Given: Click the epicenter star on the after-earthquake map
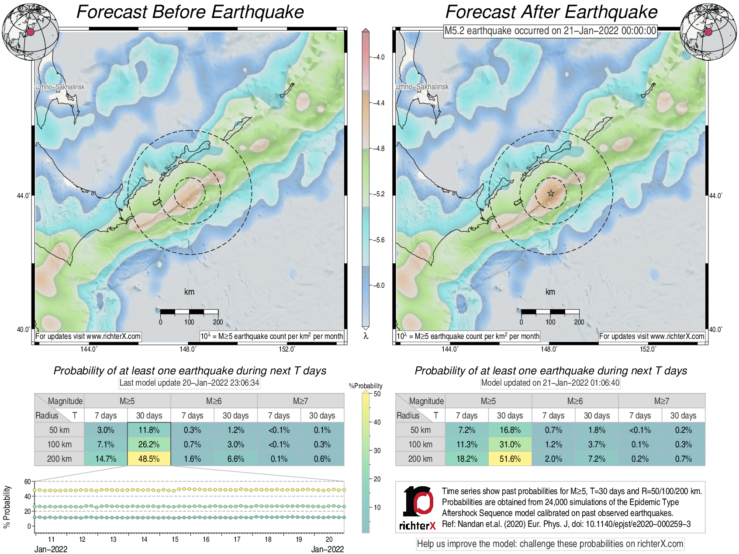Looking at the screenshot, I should click(x=551, y=193).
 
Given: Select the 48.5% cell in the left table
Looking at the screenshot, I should click(x=149, y=459).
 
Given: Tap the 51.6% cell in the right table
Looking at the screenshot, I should click(x=510, y=459).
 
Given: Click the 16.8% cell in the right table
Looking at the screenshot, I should click(x=510, y=430).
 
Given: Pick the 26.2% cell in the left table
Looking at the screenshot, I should click(x=149, y=444).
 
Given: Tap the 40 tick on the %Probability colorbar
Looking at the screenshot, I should click(x=377, y=422).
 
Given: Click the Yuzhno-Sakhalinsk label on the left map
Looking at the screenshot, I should click(x=60, y=87).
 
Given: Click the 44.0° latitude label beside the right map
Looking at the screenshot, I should click(x=715, y=195).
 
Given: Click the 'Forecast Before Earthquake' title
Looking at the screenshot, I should click(x=190, y=12).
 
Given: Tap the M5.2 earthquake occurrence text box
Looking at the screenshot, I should click(x=550, y=31).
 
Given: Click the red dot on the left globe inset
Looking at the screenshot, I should click(x=30, y=31).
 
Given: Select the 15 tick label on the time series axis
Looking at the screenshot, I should click(x=175, y=540).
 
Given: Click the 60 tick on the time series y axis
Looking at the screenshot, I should click(x=28, y=481).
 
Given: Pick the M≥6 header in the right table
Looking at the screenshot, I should click(x=575, y=401).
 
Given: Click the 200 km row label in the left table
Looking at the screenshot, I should click(x=59, y=459).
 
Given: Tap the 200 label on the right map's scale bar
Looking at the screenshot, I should click(x=579, y=322).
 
